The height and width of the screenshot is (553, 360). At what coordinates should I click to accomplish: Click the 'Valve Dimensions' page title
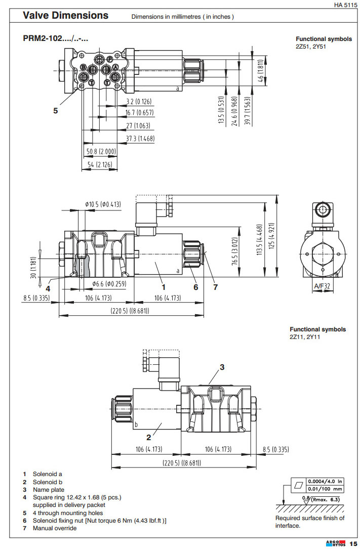[66, 16]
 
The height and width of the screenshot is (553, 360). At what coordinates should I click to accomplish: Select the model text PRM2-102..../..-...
[56, 38]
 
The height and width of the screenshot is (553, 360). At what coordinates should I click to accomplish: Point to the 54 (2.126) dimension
[100, 165]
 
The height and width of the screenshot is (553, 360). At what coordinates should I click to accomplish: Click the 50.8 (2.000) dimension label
[101, 151]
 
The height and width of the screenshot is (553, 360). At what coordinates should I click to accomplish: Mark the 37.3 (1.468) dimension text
[140, 138]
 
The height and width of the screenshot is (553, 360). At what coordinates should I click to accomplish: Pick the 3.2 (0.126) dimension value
[139, 101]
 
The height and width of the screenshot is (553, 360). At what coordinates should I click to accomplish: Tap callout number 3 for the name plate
[221, 366]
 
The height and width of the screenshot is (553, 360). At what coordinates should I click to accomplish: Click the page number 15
[353, 544]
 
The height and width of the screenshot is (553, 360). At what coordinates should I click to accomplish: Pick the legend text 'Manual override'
[55, 528]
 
